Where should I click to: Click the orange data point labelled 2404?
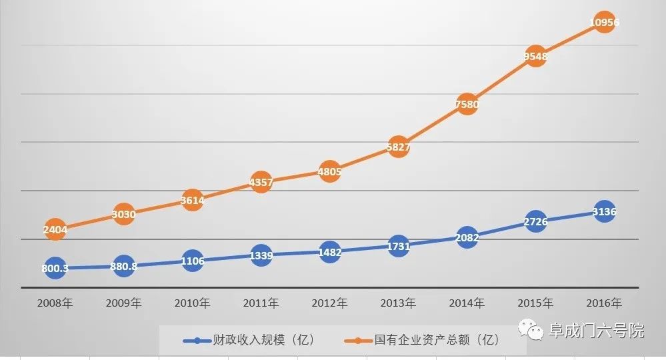pos(55,229)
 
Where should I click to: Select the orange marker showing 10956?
pos(604,23)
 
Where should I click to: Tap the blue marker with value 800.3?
pos(55,268)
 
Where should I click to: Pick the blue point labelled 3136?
pos(604,212)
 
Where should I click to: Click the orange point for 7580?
pos(467,104)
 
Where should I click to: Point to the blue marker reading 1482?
pos(329,252)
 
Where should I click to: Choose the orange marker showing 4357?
pos(261,181)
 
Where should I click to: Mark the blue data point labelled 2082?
pos(467,237)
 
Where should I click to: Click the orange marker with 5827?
pos(399,147)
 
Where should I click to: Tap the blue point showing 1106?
pos(192,261)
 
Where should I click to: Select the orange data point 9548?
pos(535,57)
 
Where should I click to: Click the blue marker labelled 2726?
pos(535,221)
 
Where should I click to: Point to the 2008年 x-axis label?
pos(55,303)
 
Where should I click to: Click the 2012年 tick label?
pos(329,303)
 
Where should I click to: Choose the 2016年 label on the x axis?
pos(604,303)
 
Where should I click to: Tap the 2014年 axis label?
pos(467,303)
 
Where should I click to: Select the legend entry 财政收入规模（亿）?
pos(251,341)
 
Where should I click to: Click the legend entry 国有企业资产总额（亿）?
pos(427,341)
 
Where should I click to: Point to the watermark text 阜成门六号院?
pos(597,331)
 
